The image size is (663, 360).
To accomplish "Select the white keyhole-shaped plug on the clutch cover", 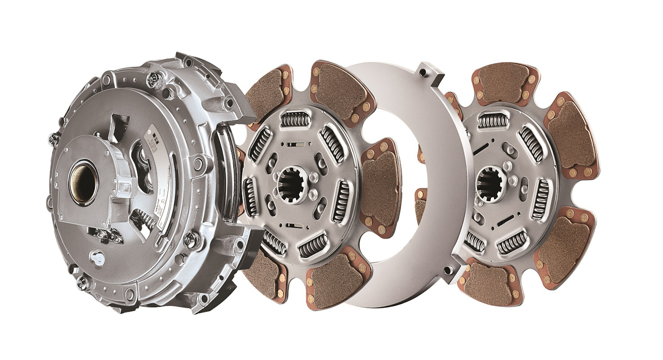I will (98, 258).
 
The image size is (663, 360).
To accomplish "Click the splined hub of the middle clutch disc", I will (291, 183).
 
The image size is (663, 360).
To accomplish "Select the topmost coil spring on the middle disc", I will (296, 119).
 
